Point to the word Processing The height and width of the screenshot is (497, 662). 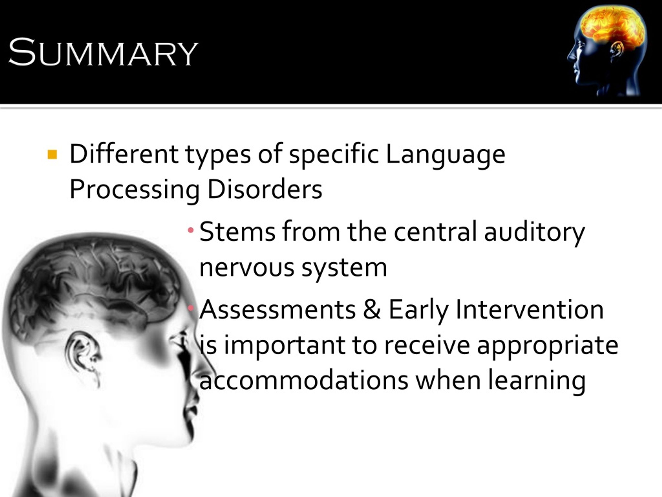click(134, 190)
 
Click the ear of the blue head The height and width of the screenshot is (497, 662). click(617, 50)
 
